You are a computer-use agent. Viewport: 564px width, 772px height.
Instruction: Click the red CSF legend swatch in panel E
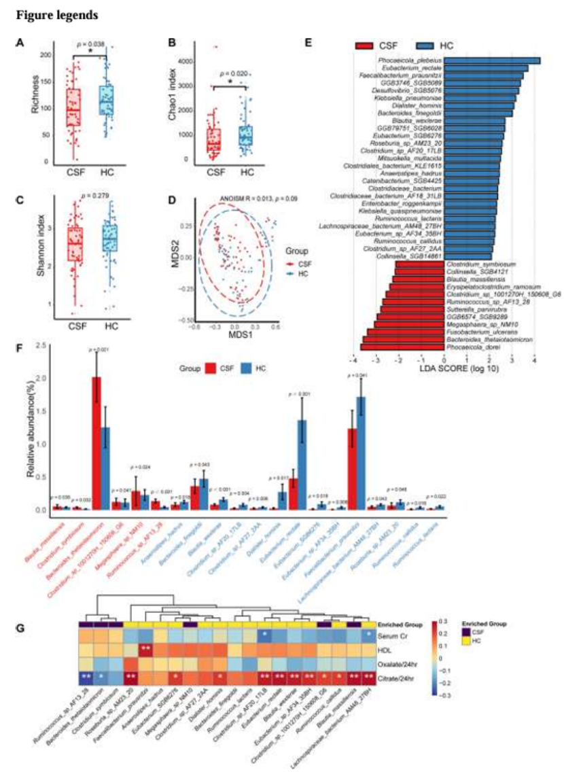click(369, 45)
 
